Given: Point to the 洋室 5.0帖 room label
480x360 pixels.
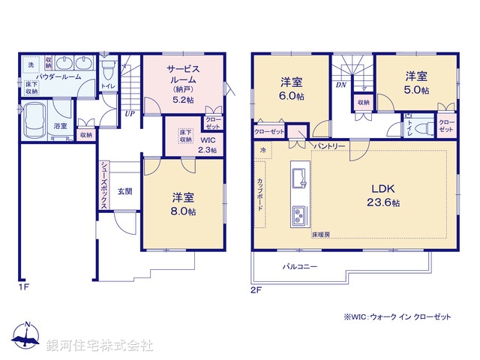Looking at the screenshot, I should (x=418, y=82).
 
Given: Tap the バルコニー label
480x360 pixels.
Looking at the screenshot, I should (x=300, y=266).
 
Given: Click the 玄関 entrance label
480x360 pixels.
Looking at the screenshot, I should (x=125, y=191).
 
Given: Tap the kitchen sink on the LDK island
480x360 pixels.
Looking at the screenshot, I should (x=299, y=178).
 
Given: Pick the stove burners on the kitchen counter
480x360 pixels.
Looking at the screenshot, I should (x=298, y=216).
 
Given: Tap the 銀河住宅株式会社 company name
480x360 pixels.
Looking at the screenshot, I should (x=99, y=346).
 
